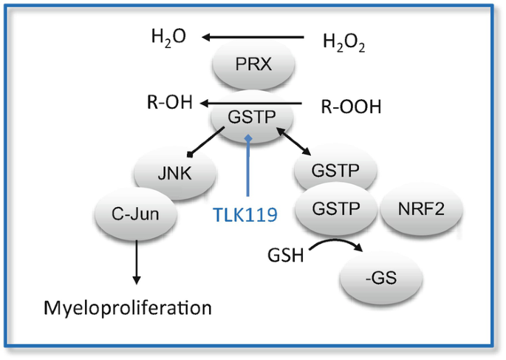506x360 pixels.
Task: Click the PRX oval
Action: [x=253, y=64]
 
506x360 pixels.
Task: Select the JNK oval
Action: [x=175, y=173]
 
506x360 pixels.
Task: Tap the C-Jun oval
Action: [x=135, y=214]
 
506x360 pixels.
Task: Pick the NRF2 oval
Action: [x=421, y=208]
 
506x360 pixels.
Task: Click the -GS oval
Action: [x=381, y=278]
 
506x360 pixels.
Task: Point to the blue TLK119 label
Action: [x=245, y=214]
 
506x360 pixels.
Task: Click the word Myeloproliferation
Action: [x=128, y=308]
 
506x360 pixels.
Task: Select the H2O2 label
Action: [x=344, y=43]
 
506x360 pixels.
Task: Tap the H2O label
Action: [x=168, y=38]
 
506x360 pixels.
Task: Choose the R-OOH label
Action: [x=351, y=106]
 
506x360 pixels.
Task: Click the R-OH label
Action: [x=170, y=102]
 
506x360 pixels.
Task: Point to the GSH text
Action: [x=286, y=255]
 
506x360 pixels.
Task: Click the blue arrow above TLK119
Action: [x=248, y=166]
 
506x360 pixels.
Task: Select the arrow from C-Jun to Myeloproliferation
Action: [x=137, y=262]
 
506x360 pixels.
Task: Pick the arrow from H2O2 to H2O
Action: [x=253, y=38]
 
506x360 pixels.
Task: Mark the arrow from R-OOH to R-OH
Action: [x=250, y=103]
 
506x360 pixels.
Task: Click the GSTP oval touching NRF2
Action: [x=336, y=208]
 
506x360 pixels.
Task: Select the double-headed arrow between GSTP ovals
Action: [x=293, y=141]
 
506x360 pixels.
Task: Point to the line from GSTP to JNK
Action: [x=206, y=142]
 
